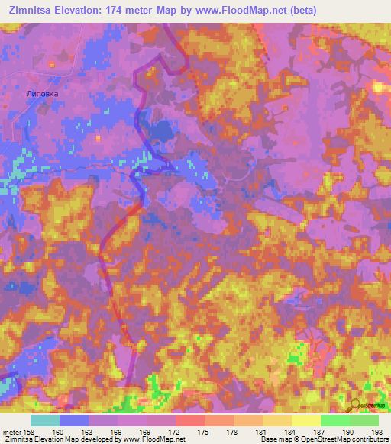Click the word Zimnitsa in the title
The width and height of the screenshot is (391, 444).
[33, 10]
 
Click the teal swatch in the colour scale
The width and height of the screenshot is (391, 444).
[44, 420]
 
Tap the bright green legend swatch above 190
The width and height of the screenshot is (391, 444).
[334, 420]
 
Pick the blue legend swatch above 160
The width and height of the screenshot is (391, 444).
[73, 420]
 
